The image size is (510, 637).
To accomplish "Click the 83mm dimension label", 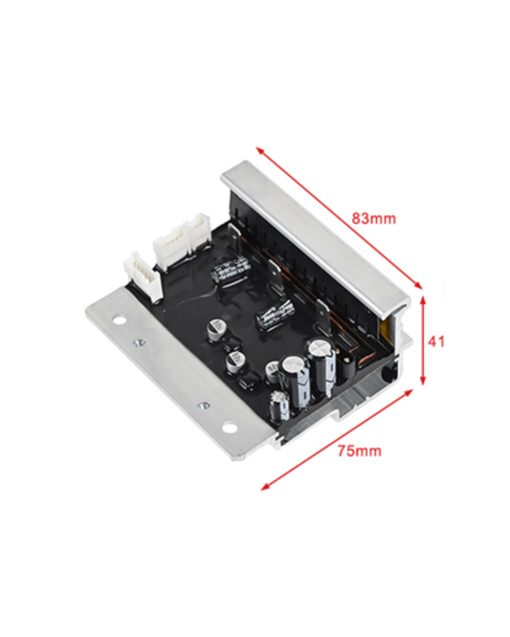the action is click(x=373, y=219).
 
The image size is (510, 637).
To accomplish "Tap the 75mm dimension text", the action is click(x=360, y=450).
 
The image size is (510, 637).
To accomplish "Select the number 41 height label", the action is click(x=436, y=341).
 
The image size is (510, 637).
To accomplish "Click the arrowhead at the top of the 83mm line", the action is click(x=260, y=150).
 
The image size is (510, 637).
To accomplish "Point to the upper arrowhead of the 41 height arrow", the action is click(x=423, y=301).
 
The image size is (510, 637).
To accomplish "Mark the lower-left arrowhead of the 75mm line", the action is click(x=266, y=486).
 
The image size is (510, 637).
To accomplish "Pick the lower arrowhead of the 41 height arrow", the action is click(x=423, y=380).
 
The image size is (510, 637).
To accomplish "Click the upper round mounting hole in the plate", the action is click(x=119, y=320).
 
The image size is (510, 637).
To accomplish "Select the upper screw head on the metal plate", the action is click(x=140, y=342).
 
